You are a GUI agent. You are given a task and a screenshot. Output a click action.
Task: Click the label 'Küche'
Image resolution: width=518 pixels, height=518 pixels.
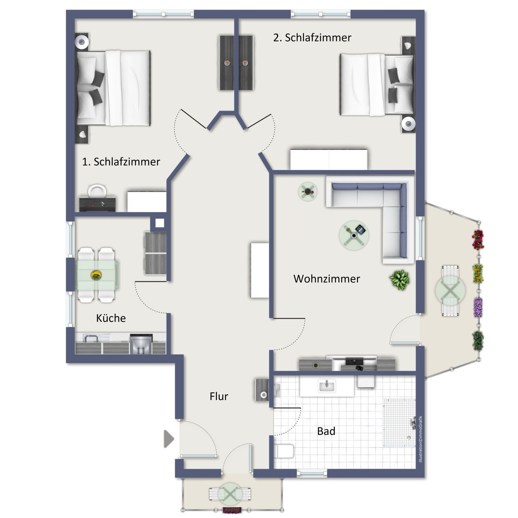coord(111,318)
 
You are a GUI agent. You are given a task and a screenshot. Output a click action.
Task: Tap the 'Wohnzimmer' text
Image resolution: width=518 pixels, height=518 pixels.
coord(327,279)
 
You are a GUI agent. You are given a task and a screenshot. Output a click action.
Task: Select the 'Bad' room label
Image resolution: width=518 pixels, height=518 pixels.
coord(326,431)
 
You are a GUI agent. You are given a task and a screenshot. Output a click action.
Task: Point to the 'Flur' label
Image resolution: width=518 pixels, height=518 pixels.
coord(219,396)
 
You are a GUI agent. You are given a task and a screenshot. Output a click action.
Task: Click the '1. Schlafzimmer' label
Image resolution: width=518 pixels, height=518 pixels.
coord(121,162)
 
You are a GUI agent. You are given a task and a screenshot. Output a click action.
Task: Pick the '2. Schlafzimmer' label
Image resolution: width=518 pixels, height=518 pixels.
coord(312,38)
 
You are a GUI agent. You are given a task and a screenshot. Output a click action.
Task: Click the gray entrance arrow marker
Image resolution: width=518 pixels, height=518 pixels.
coord(169,439)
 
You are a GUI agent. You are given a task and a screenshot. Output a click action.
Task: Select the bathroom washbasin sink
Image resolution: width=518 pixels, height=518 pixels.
coord(327,386)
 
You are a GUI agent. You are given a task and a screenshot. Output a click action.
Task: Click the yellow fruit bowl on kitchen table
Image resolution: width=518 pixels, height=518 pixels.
coord(96,275)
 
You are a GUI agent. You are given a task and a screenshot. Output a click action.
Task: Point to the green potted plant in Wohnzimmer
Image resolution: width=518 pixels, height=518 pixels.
coord(399,280)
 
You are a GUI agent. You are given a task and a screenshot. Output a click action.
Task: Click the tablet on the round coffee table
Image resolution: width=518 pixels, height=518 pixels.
coord(360,229)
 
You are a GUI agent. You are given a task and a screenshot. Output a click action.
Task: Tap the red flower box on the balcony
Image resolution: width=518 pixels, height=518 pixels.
coord(478,240)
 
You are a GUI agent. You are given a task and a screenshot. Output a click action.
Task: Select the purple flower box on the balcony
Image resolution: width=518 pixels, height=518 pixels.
coord(478,307)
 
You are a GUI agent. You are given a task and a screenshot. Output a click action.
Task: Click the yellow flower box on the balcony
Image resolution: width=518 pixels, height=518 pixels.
coord(478,274)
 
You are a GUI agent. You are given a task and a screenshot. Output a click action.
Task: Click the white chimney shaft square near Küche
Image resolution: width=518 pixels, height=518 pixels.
coord(159,223)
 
